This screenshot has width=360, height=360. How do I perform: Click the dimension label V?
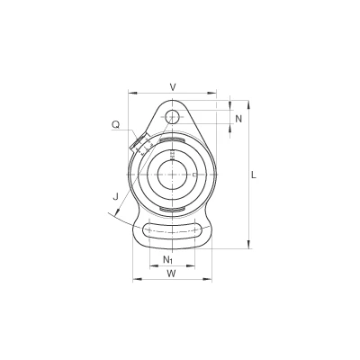tap(173, 87)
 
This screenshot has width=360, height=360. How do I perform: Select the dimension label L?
tap(254, 175)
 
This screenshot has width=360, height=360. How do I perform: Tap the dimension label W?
tap(171, 273)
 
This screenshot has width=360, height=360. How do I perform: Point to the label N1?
tap(167, 259)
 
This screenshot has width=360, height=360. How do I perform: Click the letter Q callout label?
tap(115, 124)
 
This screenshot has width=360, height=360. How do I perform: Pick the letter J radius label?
tap(115, 196)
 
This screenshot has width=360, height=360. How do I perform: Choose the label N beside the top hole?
tap(238, 119)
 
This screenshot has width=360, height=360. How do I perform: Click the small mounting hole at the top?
tap(172, 116)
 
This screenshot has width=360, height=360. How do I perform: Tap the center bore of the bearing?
tap(173, 175)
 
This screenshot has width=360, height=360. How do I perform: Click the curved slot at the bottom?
tap(173, 230)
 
